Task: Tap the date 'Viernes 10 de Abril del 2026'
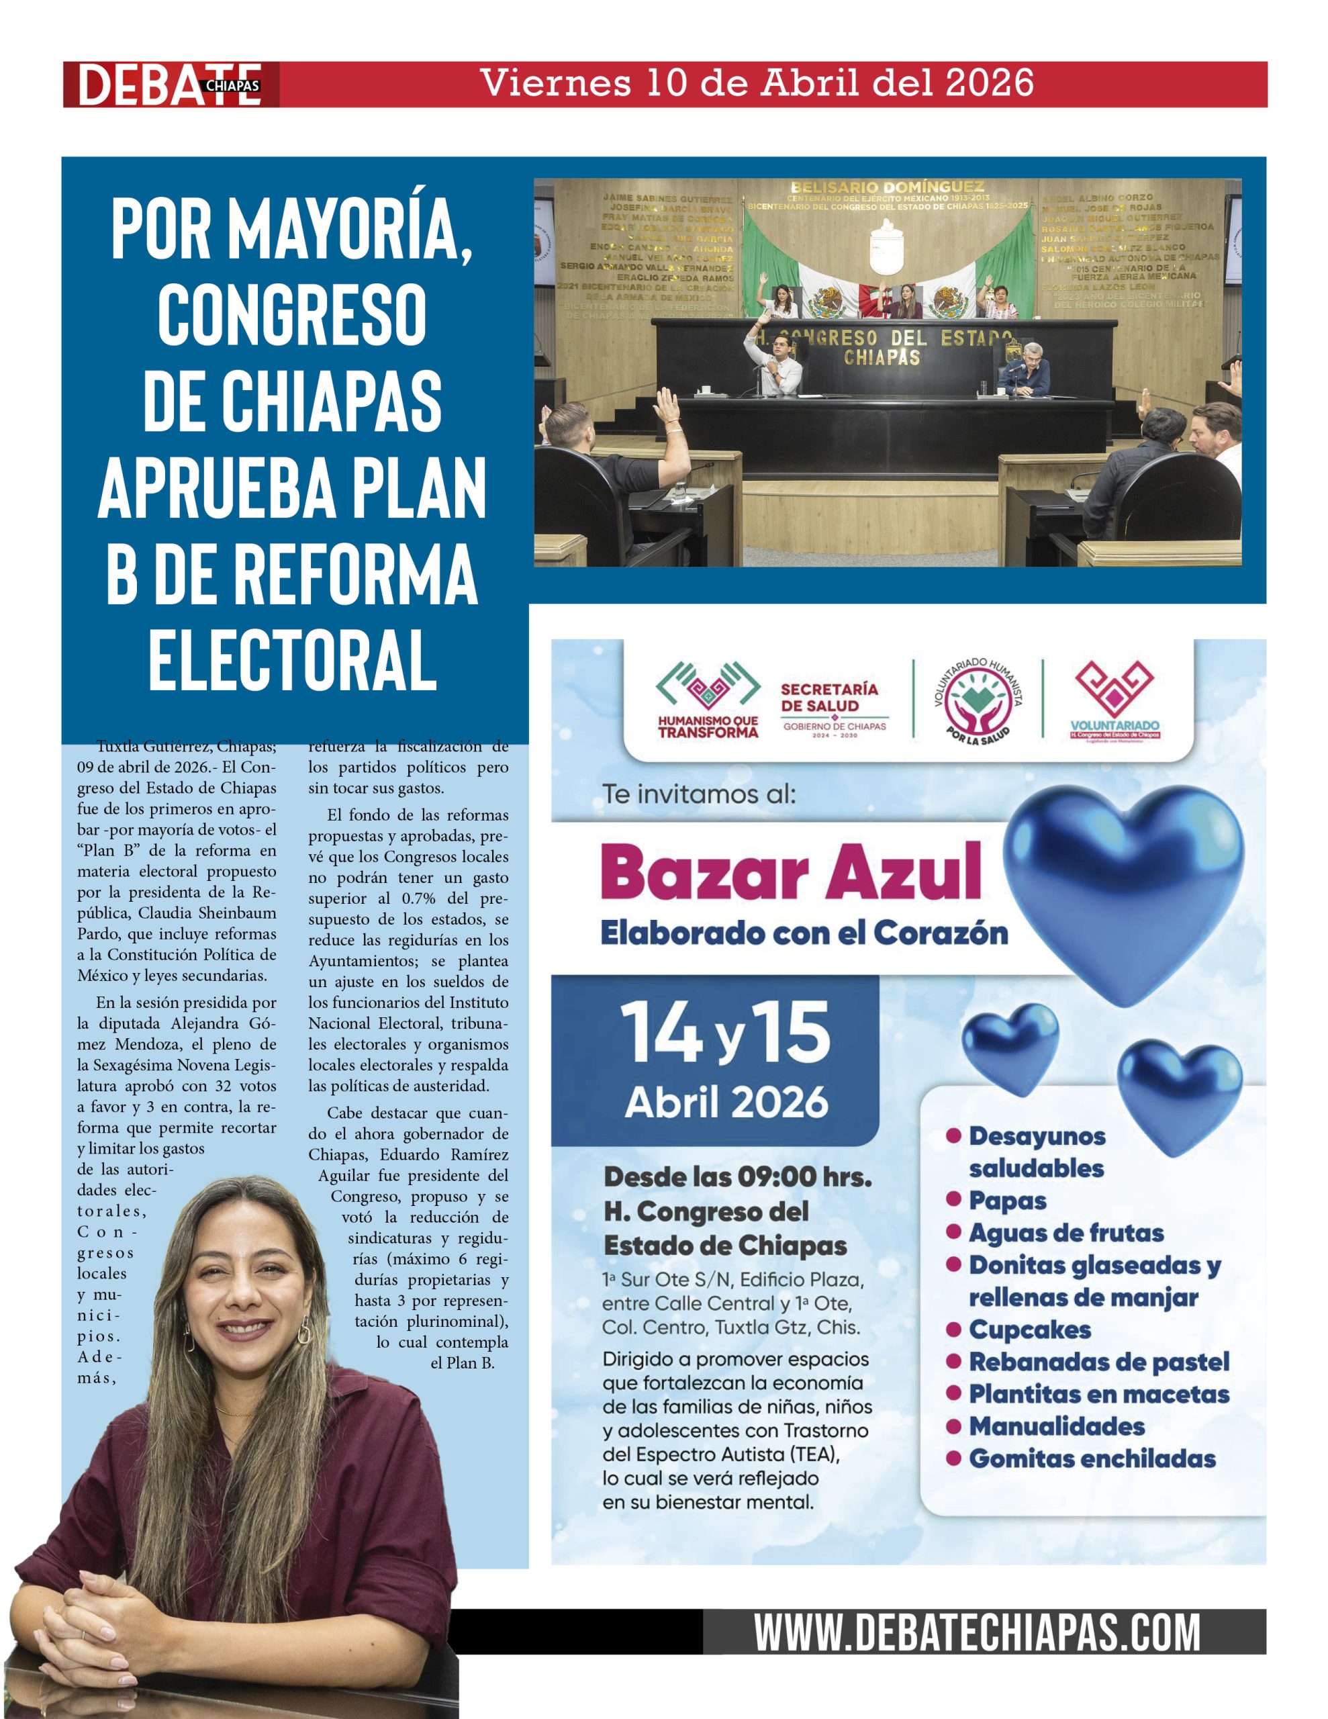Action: [757, 83]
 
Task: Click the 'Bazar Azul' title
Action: [791, 872]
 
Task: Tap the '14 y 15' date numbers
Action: [725, 1033]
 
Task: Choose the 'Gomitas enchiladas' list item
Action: [1092, 1458]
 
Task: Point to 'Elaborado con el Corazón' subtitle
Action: [804, 933]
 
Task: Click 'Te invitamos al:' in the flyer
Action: [699, 794]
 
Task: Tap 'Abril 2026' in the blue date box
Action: [726, 1102]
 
